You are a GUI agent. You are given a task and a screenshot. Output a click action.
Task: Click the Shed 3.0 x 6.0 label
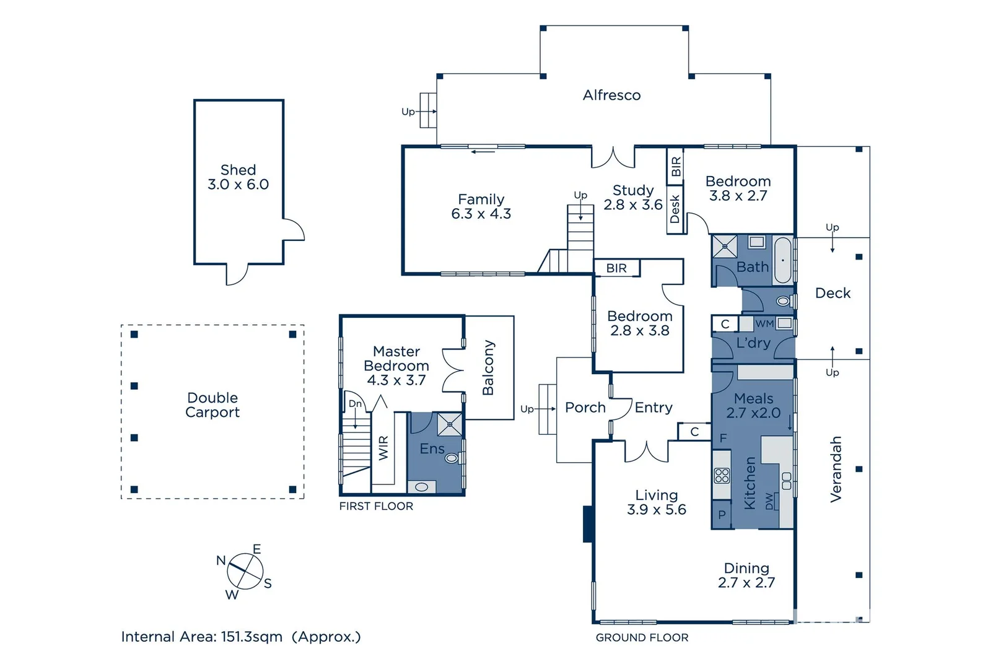coord(238,177)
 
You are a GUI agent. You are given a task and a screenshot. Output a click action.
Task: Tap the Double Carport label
coord(212,405)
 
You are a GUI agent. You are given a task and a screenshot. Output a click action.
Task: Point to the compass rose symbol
coord(245,571)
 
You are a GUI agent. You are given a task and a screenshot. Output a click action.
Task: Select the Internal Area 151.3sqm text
coord(202,637)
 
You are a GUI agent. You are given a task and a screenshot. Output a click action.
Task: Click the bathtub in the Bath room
coord(783,260)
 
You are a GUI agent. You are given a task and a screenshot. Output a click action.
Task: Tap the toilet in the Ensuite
coord(452,458)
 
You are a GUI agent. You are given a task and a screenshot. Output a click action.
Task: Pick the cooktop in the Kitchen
coord(722,476)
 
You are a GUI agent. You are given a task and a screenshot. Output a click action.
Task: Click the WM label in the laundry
coord(764,324)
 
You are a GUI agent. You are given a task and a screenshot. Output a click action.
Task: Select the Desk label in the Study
coord(675,209)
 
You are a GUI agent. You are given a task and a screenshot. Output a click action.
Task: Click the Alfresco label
coord(611,95)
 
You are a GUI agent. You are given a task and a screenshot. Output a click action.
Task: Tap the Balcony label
coord(488,367)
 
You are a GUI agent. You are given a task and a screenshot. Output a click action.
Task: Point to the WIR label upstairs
coord(383,448)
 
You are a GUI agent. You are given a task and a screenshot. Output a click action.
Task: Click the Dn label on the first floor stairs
coord(355,404)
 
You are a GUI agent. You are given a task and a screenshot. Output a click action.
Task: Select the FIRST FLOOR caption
coord(376,506)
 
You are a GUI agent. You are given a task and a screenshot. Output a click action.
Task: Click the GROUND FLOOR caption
coord(642,637)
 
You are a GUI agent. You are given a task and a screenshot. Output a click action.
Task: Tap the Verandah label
coord(835,469)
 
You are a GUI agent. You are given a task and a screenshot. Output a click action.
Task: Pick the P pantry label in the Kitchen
coord(722,515)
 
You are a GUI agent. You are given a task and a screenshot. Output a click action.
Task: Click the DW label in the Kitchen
coord(769,502)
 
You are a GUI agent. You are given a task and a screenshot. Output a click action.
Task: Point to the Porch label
coord(585,407)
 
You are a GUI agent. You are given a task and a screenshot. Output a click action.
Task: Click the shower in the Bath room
coord(724,246)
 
